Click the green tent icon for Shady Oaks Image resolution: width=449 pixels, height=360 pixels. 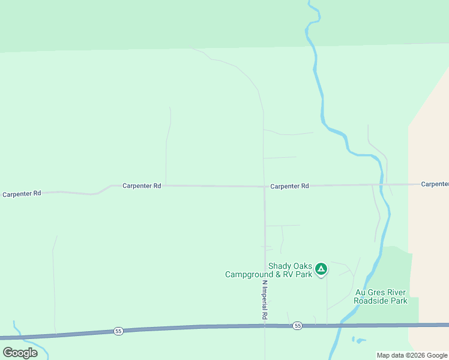coord(321,269)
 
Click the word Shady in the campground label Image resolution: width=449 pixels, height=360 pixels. coord(280,266)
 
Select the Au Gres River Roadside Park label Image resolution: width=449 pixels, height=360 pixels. coord(381,296)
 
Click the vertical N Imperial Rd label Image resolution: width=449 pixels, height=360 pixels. coord(264,299)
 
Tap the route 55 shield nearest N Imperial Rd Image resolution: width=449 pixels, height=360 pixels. coord(297,326)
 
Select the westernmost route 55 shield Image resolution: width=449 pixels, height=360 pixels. coord(118,331)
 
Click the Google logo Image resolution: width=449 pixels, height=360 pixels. coord(20,353)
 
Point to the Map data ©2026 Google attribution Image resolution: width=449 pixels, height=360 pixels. coord(412,355)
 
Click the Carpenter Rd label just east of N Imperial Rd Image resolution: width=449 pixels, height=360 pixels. coord(289,187)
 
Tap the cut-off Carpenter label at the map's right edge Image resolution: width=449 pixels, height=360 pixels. coord(435,184)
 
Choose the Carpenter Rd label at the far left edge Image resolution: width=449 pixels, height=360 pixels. coord(22,194)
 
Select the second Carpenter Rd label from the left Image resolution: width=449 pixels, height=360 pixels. coord(142,186)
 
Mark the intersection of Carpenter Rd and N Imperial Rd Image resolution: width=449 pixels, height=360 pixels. coord(264,186)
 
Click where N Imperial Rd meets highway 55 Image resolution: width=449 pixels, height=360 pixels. coord(265,326)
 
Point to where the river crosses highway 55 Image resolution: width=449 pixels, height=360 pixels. coord(341,325)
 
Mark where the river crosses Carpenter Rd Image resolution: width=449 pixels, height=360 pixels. coord(381,184)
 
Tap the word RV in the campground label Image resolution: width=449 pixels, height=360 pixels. coord(289,275)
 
